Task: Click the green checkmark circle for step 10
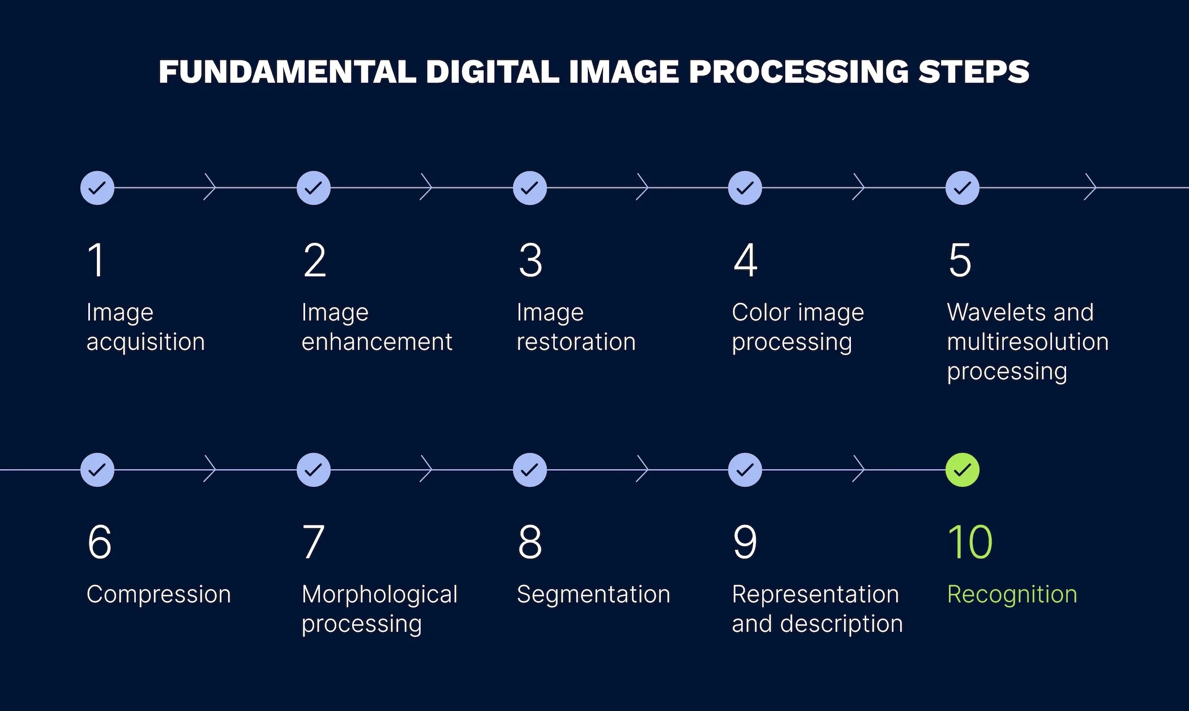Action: tap(962, 470)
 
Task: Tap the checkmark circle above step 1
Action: tap(97, 188)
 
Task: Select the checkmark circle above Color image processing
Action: tap(745, 188)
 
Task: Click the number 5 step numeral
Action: tap(960, 260)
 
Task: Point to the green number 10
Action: tap(970, 542)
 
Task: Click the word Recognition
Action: tap(1012, 594)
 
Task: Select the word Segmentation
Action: tap(593, 594)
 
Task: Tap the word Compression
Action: tap(159, 594)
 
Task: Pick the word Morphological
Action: tap(379, 594)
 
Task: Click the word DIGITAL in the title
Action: tap(493, 72)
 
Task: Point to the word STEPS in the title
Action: tap(974, 72)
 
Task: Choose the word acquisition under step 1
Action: tap(146, 342)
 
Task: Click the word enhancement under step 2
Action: tap(377, 342)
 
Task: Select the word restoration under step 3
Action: tap(576, 342)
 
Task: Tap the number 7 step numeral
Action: tap(313, 542)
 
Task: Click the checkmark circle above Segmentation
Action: tap(529, 470)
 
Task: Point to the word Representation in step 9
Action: tap(815, 594)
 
